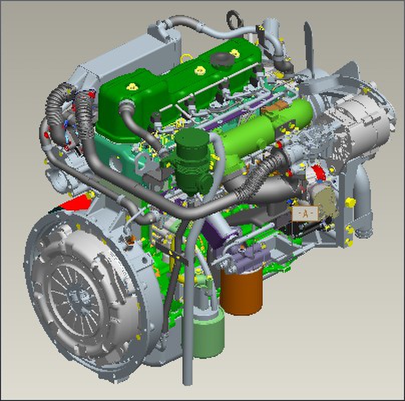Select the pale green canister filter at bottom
pos(209,333)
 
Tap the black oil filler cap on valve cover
pos(222,60)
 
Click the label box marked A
pos(305,214)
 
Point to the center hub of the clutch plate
pos(78,297)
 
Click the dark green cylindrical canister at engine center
pos(192,161)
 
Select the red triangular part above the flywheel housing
pos(74,203)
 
